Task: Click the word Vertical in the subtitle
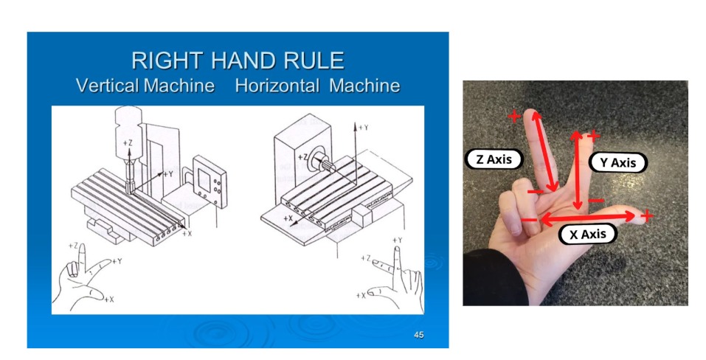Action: click(x=107, y=85)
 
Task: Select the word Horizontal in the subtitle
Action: click(x=277, y=85)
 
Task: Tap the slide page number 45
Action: click(x=419, y=335)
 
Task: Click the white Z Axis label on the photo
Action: click(x=494, y=159)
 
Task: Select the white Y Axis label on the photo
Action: click(x=617, y=162)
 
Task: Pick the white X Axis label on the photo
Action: click(x=587, y=234)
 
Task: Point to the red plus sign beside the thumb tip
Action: click(x=646, y=216)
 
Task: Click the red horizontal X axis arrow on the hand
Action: click(x=587, y=218)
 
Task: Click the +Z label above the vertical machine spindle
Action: click(x=128, y=143)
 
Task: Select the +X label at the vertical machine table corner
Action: click(x=187, y=233)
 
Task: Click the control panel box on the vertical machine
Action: click(x=210, y=181)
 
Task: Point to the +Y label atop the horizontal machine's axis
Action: click(x=364, y=128)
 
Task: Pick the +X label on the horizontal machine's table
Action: click(x=288, y=218)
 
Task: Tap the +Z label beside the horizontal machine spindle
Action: click(x=303, y=157)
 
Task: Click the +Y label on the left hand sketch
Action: click(x=117, y=261)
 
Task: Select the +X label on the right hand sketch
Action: click(x=361, y=296)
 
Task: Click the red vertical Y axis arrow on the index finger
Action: click(x=577, y=170)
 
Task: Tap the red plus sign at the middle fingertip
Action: click(x=514, y=117)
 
